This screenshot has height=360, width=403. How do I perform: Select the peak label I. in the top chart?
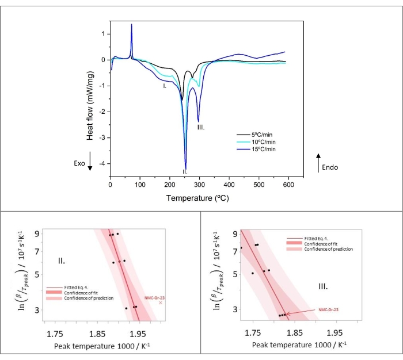(x=165, y=86)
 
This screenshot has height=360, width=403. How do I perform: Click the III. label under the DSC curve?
(x=200, y=127)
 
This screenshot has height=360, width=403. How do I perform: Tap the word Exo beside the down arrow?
(x=79, y=163)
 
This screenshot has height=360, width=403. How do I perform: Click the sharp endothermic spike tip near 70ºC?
(x=132, y=25)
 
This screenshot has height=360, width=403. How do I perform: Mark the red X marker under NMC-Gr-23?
(x=161, y=302)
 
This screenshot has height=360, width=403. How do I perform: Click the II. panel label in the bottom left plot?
(x=62, y=261)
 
